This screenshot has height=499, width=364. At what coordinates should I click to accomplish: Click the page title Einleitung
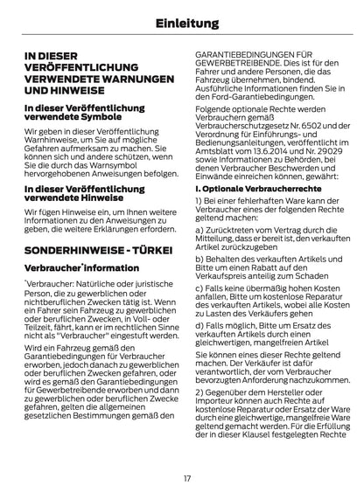point(182,22)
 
